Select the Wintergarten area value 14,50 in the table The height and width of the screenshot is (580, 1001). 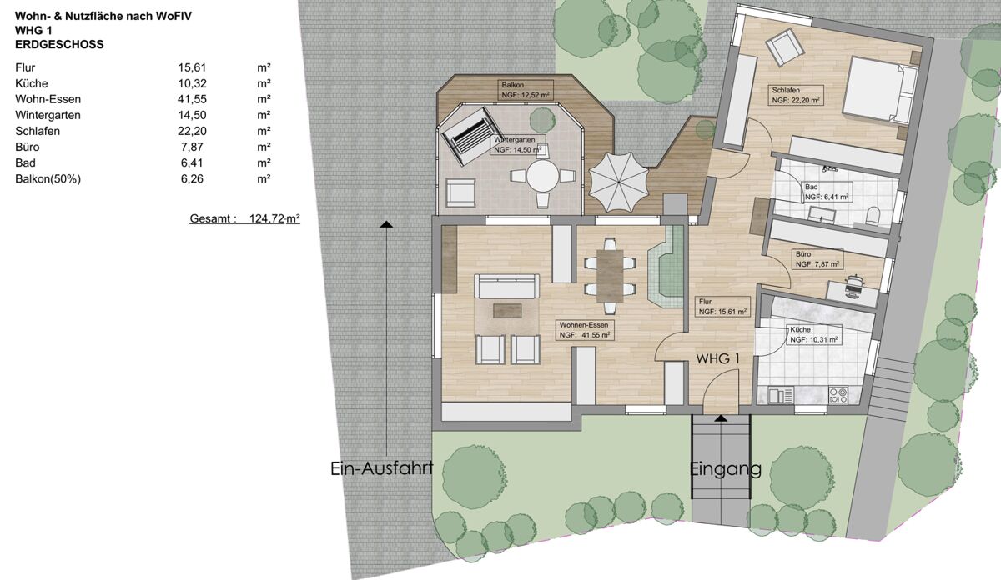[x=192, y=115]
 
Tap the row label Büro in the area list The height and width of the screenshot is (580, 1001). [x=28, y=147]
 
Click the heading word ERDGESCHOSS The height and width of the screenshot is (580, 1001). [x=59, y=45]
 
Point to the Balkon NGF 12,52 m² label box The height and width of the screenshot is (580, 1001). [x=526, y=90]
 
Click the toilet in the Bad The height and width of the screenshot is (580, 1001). [x=872, y=217]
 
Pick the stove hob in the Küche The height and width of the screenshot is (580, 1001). [x=838, y=395]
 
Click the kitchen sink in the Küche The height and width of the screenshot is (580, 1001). [x=781, y=396]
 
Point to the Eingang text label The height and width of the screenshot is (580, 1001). [x=725, y=469]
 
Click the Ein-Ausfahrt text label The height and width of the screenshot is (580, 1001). [x=382, y=468]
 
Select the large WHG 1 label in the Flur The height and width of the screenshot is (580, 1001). [x=717, y=358]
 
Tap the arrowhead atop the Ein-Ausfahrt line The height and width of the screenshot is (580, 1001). [x=386, y=224]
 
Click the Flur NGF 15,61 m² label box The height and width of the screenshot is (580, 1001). [x=722, y=307]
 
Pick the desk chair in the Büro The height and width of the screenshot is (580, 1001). [x=853, y=283]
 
